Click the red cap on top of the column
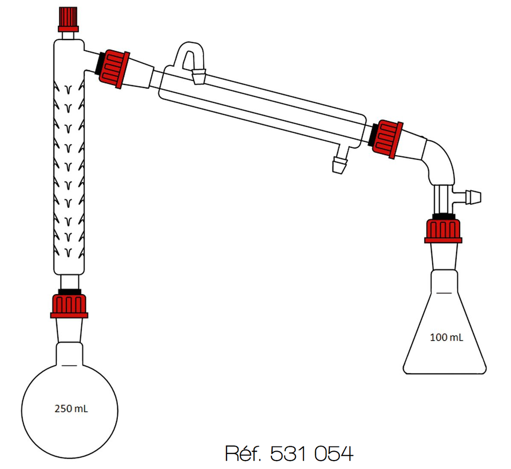click(68, 18)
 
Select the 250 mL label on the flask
click(71, 408)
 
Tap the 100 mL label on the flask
click(446, 337)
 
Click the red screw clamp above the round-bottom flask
click(69, 305)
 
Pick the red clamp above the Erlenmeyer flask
click(443, 230)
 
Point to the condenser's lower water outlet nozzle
click(340, 165)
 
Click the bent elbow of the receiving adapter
click(439, 160)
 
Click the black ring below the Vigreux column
click(69, 291)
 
